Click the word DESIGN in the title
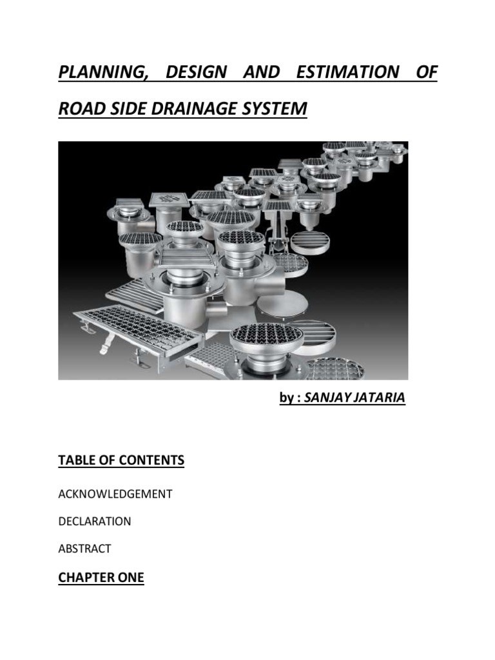(196, 72)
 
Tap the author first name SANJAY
(327, 398)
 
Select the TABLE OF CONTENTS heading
(121, 460)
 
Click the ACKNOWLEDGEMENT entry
(115, 494)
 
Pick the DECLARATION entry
(95, 521)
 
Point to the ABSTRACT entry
(84, 549)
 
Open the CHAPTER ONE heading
(101, 578)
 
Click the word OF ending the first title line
(426, 72)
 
